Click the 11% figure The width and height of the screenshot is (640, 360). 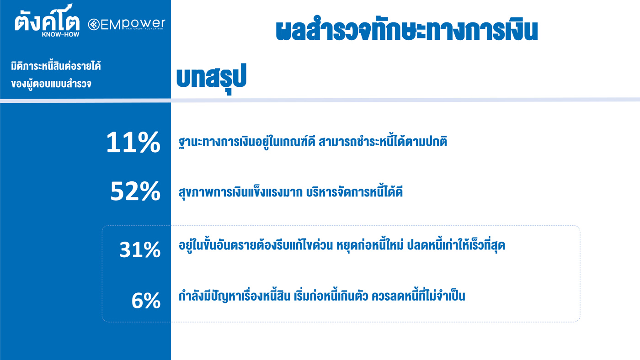coord(133,142)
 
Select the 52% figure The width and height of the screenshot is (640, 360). coord(135,191)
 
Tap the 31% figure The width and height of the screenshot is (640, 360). coord(140,250)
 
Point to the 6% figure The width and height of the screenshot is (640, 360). coord(146,300)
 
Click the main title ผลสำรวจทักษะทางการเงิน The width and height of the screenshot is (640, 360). coord(407,29)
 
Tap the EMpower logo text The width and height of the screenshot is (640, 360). coord(133,25)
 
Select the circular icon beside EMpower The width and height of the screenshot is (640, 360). coord(94,25)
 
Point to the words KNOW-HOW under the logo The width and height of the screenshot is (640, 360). coord(60,35)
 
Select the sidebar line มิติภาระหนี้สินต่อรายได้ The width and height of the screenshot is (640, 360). coord(56,66)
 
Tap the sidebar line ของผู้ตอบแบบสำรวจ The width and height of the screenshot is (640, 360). coord(51,84)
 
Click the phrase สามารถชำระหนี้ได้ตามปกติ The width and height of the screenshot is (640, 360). coord(383,141)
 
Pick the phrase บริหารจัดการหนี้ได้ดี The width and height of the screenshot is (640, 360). coord(354,192)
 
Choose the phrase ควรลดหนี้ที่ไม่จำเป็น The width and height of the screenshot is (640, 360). coord(418,296)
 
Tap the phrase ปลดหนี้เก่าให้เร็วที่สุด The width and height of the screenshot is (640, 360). coord(456,245)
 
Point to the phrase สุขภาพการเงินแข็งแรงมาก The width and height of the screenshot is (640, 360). coord(240,192)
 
